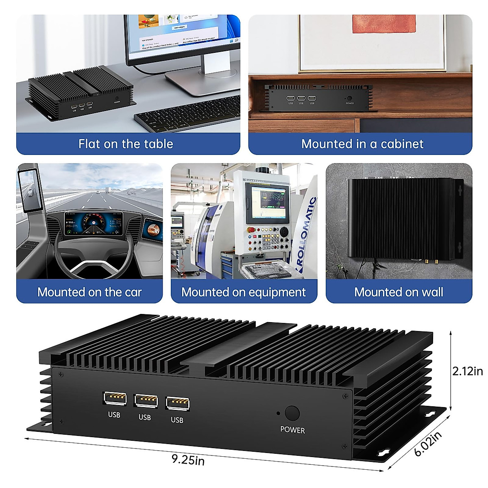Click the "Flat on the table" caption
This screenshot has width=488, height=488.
point(126,144)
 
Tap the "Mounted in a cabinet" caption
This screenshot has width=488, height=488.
point(362,144)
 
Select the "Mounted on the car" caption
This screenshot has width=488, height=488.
point(89,292)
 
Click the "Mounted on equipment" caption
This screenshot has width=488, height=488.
point(244,292)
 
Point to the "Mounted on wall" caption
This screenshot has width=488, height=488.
point(399,292)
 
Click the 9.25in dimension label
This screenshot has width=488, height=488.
point(188,460)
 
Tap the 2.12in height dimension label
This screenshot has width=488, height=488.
point(468,371)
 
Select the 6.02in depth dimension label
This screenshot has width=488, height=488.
point(428,444)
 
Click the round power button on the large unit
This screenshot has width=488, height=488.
point(292,413)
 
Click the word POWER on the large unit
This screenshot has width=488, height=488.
point(292,430)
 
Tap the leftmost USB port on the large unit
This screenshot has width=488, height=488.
point(115,399)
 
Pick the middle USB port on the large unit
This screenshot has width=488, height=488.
point(146,401)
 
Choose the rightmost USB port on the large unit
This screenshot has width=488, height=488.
point(178,404)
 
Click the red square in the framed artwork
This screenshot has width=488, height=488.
point(384,24)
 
